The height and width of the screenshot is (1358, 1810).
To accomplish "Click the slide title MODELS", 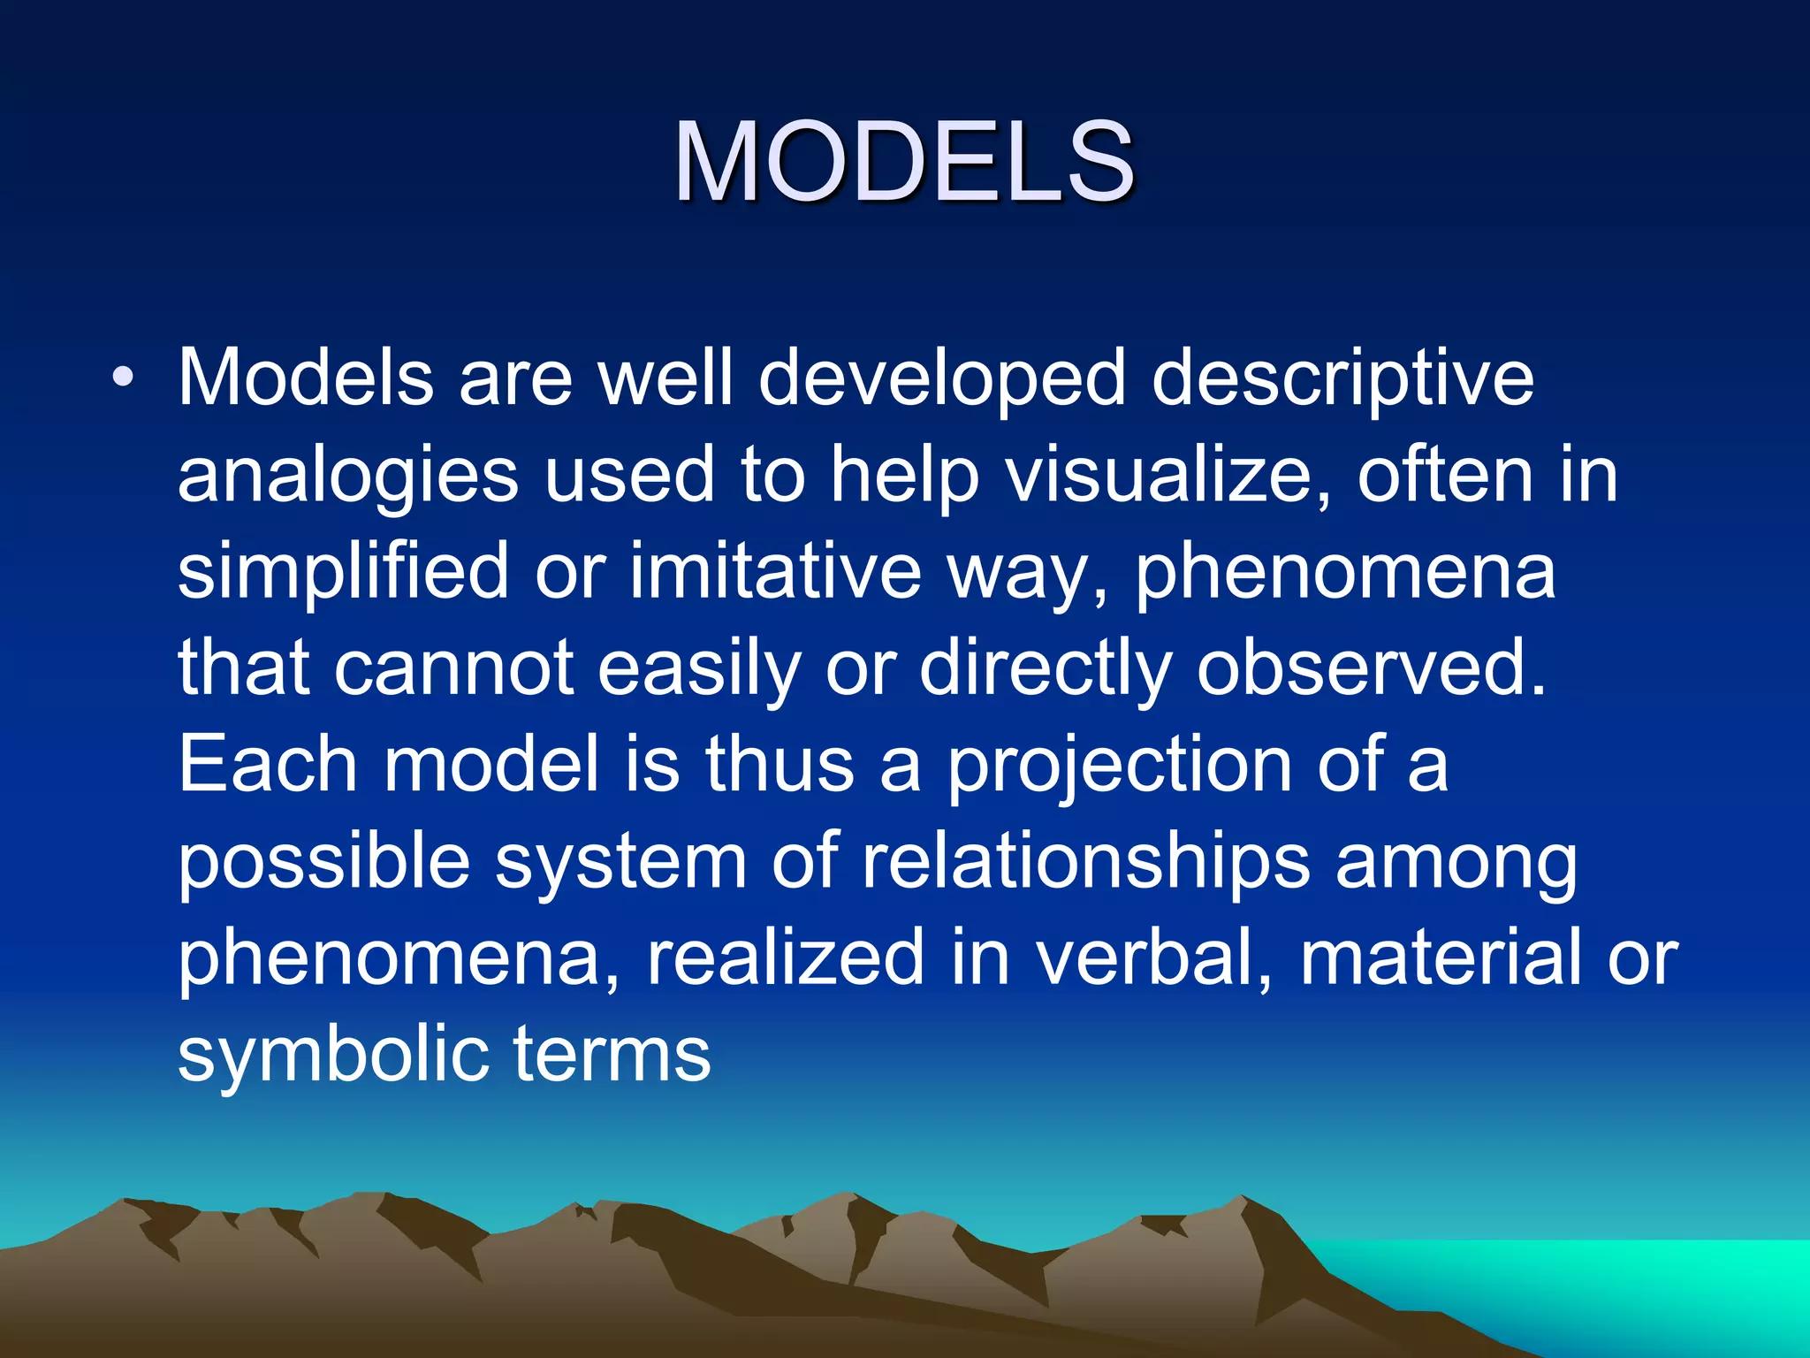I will (x=903, y=163).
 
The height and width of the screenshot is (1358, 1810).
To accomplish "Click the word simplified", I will (x=343, y=573).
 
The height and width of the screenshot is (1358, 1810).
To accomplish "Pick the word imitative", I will (x=775, y=571).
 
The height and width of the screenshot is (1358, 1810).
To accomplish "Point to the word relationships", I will (x=1085, y=862).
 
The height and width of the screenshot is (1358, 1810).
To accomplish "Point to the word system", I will (x=620, y=864).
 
